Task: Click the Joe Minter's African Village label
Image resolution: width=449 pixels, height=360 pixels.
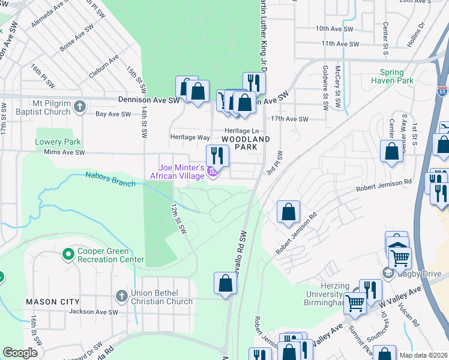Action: [x=181, y=172]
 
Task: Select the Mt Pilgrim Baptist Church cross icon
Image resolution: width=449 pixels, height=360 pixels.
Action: [x=79, y=107]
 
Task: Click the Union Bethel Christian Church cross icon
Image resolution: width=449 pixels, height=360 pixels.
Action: [x=120, y=296]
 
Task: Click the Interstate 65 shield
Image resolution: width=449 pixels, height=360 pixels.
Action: [x=442, y=91]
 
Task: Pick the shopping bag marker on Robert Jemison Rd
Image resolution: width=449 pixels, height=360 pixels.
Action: [x=289, y=212]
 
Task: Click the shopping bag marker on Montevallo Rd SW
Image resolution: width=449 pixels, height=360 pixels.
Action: [x=225, y=284]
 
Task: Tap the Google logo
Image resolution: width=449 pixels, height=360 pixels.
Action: [x=20, y=353]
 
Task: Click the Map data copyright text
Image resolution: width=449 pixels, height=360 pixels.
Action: [x=423, y=355]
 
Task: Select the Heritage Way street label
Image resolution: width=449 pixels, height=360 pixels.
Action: [x=190, y=137]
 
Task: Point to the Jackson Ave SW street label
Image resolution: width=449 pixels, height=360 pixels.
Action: [x=93, y=312]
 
